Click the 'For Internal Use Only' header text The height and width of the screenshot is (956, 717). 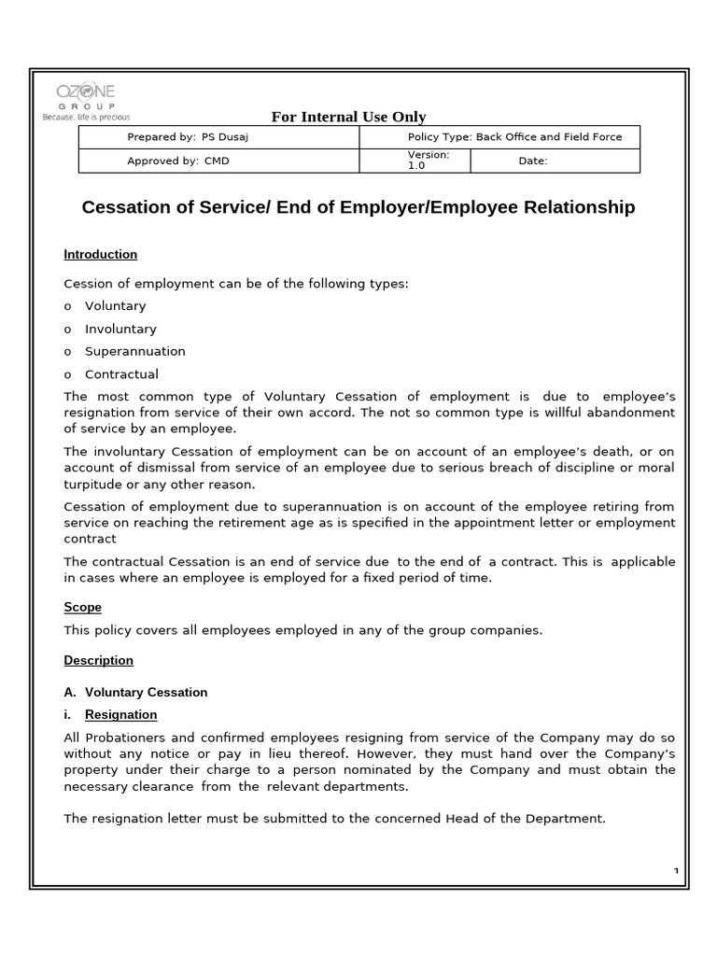pos(348,117)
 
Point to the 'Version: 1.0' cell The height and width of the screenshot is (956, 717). pos(429,161)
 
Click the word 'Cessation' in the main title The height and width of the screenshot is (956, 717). pos(134,207)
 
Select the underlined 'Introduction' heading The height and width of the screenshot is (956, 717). pos(101,255)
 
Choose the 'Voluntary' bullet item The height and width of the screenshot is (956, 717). pos(116,306)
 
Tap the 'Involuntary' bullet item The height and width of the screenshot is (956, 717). pos(120,329)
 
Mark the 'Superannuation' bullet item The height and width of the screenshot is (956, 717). pos(135,351)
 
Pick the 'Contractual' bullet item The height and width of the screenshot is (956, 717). pos(122,374)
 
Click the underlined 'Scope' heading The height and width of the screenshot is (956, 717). pos(82,607)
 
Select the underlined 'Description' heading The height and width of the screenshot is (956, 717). pos(99,660)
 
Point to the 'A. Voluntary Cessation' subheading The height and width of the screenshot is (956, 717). pos(136,692)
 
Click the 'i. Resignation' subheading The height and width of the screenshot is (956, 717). pos(120,715)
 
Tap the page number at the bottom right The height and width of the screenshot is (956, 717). pos(675,871)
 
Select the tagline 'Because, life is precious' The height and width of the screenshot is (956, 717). pos(86,118)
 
